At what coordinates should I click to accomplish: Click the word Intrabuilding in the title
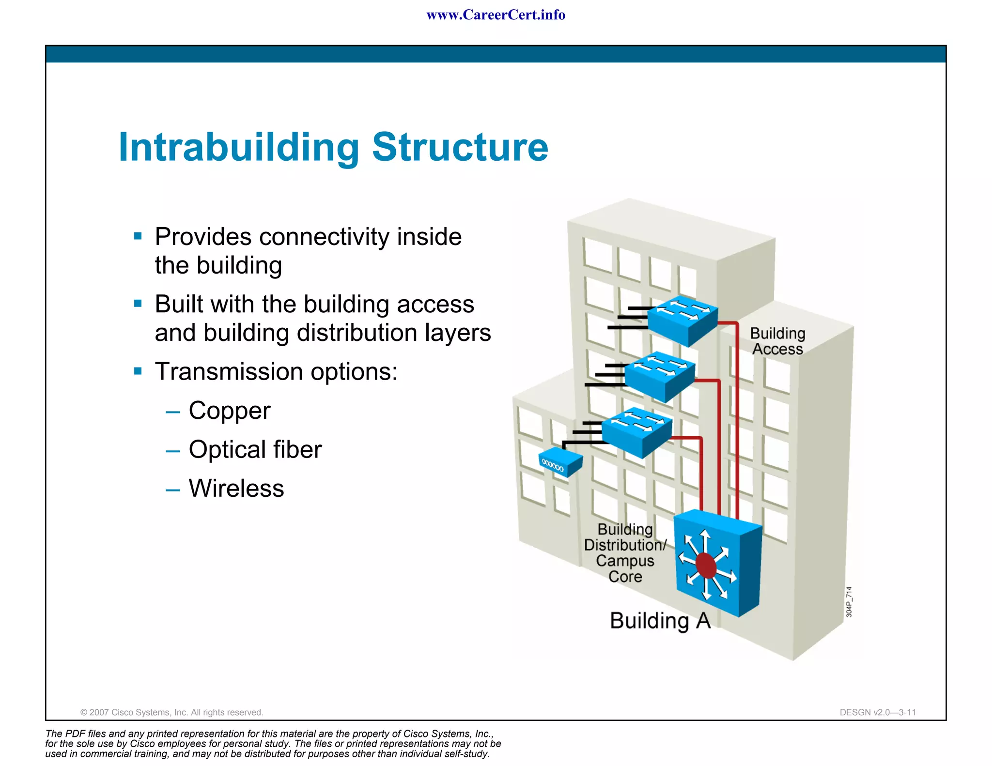point(239,147)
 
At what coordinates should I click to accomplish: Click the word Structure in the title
point(460,147)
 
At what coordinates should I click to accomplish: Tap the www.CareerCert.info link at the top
point(496,15)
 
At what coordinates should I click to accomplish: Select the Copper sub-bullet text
point(229,411)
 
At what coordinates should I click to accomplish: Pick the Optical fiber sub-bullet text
point(255,449)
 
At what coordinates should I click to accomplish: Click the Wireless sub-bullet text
point(236,488)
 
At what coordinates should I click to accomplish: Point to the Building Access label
point(777,341)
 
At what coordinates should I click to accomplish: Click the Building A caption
point(660,621)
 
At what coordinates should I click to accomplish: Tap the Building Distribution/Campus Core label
point(625,553)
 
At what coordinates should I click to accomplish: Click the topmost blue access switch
point(682,321)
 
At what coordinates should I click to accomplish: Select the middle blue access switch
point(659,377)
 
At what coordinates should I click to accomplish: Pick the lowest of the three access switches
point(636,432)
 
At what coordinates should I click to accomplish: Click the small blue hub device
point(560,461)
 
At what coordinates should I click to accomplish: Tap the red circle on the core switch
point(706,566)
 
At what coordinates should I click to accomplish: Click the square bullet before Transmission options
point(138,371)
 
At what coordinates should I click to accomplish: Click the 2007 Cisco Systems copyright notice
point(171,712)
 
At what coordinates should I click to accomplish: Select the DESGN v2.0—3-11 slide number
point(878,712)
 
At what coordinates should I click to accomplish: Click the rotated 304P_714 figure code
point(849,602)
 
